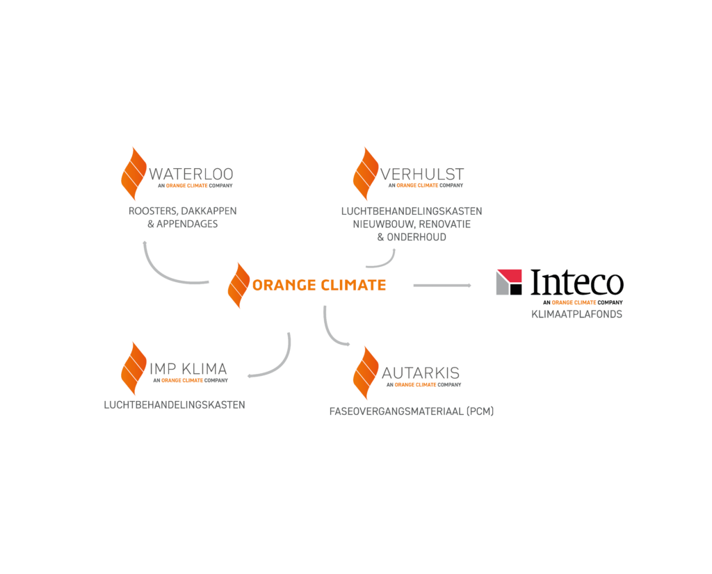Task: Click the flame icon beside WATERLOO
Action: [x=133, y=174]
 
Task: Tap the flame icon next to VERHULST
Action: [x=366, y=174]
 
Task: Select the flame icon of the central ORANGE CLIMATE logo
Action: [x=239, y=286]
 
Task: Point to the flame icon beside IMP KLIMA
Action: [x=133, y=368]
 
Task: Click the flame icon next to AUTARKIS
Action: [x=366, y=373]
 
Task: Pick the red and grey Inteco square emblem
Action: [x=509, y=282]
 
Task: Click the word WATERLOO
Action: [x=191, y=174]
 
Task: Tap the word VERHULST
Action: [x=422, y=174]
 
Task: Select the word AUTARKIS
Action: [x=421, y=373]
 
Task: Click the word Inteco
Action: [x=577, y=282]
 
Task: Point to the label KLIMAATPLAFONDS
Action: [x=576, y=314]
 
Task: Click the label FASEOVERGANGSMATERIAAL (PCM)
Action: [x=412, y=411]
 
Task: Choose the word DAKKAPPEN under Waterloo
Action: [x=209, y=211]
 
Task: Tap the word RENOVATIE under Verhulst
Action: [x=444, y=224]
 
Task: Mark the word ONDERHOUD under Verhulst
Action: [x=416, y=238]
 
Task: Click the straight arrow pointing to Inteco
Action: [x=442, y=286]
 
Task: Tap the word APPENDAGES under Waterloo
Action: [x=187, y=224]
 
